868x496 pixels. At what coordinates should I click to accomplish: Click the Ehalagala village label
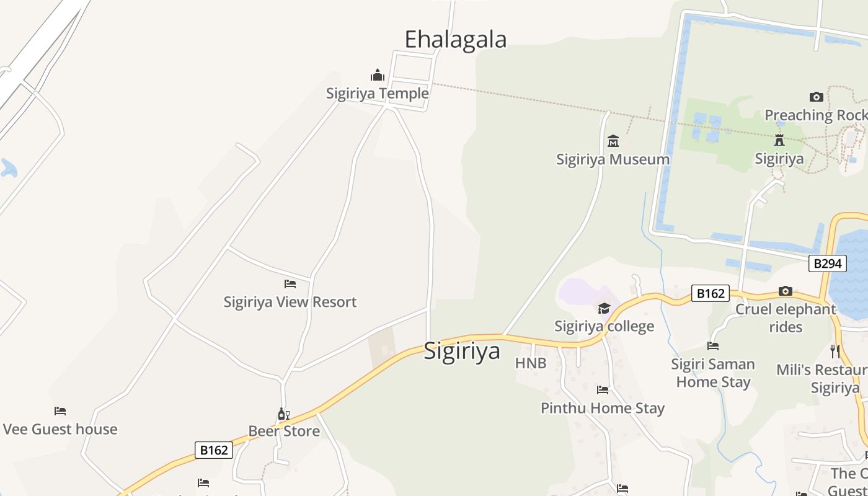455,39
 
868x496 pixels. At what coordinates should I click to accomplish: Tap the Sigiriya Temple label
377,94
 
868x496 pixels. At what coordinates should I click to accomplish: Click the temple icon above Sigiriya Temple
377,76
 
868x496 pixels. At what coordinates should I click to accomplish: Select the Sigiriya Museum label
613,159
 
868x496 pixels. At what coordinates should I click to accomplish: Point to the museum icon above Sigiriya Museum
613,141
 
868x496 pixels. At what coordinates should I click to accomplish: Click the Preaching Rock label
815,115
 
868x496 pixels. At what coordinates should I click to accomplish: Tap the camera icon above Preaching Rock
816,97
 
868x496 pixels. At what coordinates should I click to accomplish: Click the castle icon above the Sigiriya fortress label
779,140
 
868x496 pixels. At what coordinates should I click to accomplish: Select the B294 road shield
827,263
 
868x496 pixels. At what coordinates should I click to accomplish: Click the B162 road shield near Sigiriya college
711,293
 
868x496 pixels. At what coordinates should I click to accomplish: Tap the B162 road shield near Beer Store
214,450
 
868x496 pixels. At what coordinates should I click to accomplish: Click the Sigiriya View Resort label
290,302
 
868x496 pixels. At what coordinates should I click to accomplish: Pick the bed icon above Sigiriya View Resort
290,284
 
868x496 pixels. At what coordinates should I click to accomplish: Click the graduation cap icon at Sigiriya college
604,308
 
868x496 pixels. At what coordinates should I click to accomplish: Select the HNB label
531,363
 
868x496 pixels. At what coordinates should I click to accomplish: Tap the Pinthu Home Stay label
603,408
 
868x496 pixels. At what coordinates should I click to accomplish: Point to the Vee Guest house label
60,429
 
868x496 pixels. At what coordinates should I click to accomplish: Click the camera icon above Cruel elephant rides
786,291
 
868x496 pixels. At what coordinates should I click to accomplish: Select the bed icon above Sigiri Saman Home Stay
713,346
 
